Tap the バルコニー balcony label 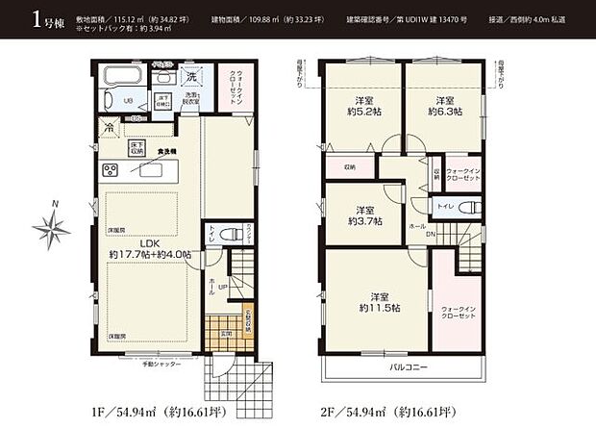(408, 366)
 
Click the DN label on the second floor (431, 234)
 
